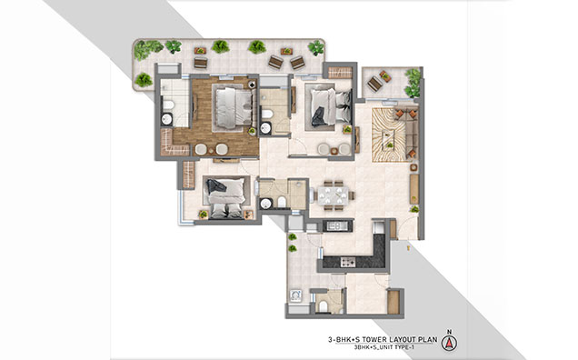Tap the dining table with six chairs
pos(333,195)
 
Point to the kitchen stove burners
pos(347,262)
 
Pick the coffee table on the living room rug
pos(388,137)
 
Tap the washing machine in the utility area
pos(295,295)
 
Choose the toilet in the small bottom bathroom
pos(324,305)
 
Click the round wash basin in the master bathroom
pos(166,119)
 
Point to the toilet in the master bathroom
pos(168,105)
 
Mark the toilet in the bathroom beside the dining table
pos(282,202)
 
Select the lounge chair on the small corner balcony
pos(375,84)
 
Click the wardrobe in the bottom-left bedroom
pos(188,175)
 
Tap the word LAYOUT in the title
pos(404,339)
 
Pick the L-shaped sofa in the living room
pos(409,131)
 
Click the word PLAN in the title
pos(429,339)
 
